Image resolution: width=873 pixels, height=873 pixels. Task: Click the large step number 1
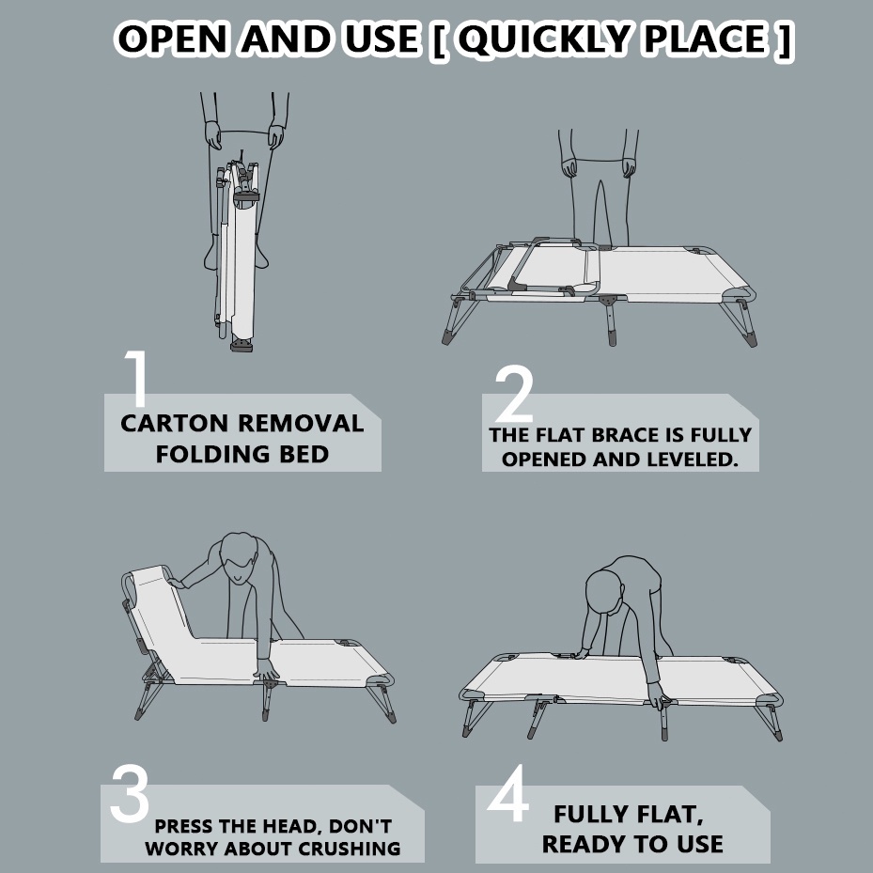coord(137,379)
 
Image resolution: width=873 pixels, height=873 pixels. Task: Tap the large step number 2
coord(514,394)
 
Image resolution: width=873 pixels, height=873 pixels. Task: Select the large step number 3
coord(130,793)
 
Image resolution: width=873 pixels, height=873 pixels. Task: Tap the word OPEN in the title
coord(173,39)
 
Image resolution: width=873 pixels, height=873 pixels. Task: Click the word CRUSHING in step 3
coord(349,850)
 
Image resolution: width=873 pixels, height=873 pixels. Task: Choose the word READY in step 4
coord(585,844)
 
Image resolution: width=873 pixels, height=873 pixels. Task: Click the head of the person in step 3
coord(239,556)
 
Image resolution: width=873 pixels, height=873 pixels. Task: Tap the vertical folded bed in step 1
coord(238,257)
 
